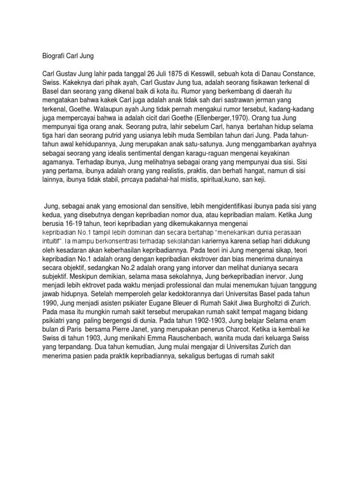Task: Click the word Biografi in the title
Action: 50,56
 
